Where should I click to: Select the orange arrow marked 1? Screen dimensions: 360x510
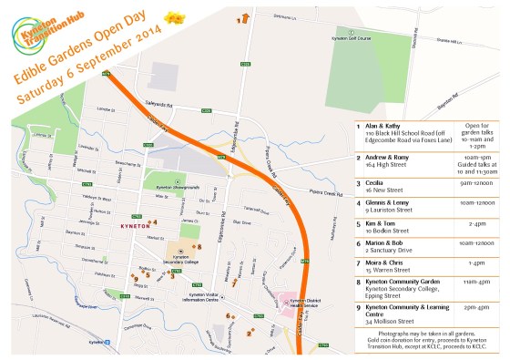(244, 16)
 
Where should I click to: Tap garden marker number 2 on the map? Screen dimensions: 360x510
(249, 333)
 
